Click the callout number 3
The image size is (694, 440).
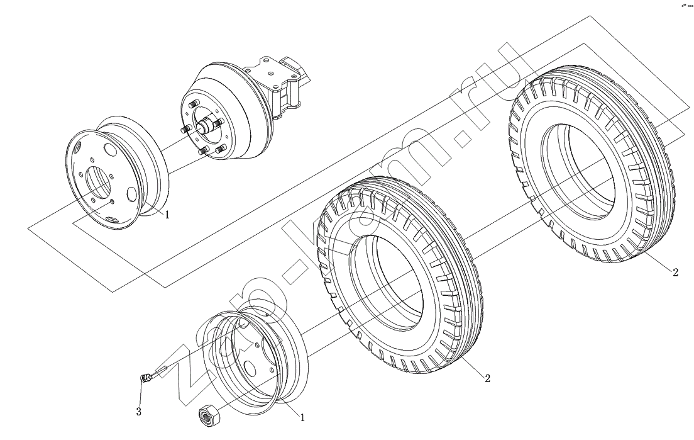coord(139,412)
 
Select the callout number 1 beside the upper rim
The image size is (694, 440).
coord(167,215)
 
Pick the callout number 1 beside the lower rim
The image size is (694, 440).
coord(302,417)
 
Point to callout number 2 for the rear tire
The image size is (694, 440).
coord(675,272)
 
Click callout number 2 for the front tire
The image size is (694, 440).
coord(487,378)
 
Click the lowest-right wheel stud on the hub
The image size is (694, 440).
coord(219,149)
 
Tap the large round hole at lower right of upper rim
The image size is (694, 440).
coord(132,195)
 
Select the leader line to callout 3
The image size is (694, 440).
coord(141,393)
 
